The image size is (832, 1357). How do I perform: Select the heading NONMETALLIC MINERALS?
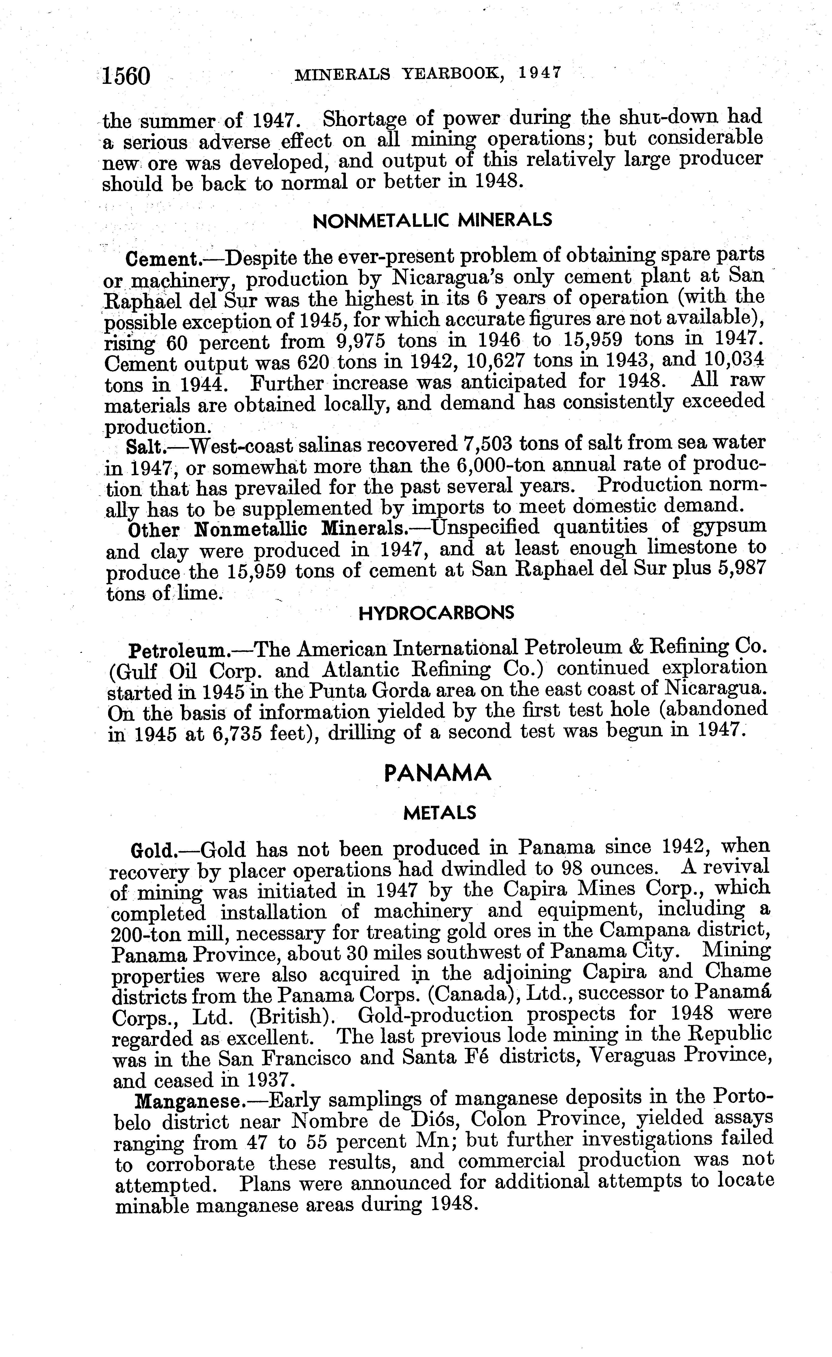(432, 220)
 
